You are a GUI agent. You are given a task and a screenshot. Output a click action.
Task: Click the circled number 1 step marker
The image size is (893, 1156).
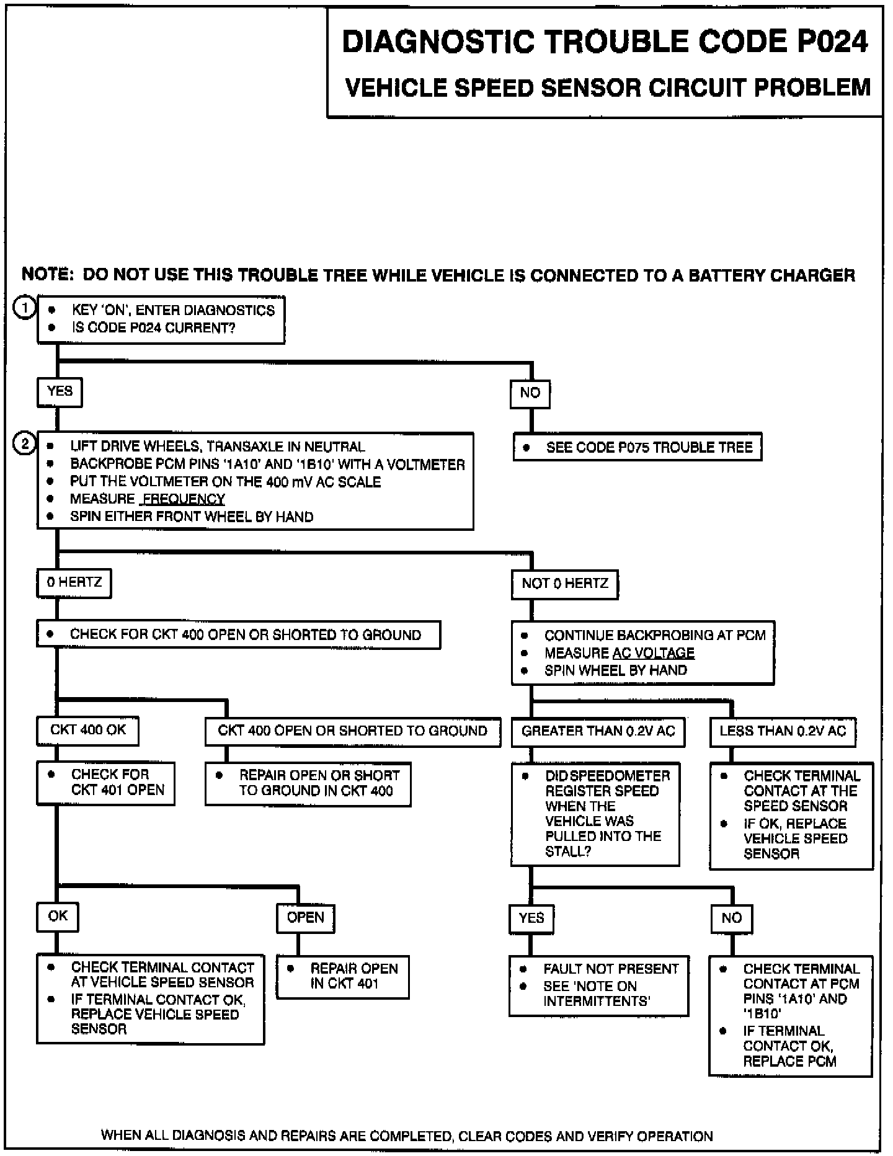[x=25, y=308]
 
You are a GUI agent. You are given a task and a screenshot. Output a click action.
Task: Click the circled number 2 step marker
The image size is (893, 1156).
[x=25, y=444]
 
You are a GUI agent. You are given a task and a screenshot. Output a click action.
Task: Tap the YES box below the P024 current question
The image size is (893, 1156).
[x=60, y=392]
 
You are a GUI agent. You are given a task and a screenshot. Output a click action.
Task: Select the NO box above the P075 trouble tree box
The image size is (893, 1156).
[x=530, y=393]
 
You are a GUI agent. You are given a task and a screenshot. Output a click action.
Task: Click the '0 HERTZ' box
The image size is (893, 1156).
[x=74, y=583]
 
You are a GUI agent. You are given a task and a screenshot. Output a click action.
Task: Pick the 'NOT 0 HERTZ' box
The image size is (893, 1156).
[x=565, y=584]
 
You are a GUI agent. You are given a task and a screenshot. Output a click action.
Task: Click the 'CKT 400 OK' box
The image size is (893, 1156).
[x=87, y=731]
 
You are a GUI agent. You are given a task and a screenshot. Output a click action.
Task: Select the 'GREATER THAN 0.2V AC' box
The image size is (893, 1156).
[x=598, y=732]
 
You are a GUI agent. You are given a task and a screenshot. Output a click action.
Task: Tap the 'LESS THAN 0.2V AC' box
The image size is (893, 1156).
[x=783, y=732]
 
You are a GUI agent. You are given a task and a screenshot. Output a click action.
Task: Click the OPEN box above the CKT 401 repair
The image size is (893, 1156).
[x=305, y=918]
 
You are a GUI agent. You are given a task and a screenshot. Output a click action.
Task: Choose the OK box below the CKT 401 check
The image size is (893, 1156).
[x=58, y=917]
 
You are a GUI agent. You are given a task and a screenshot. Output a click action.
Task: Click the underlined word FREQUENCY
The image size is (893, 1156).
[x=184, y=499]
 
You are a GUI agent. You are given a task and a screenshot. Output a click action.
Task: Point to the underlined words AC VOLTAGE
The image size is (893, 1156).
[x=654, y=653]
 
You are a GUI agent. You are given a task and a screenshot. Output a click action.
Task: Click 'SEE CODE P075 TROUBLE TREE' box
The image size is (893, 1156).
[x=638, y=447]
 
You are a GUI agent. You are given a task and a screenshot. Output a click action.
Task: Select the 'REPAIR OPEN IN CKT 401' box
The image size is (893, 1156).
[x=343, y=977]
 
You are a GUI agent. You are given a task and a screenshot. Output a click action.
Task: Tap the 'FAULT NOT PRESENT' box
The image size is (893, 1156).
[x=599, y=985]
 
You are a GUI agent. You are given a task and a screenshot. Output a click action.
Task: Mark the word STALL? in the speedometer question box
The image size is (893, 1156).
[x=568, y=851]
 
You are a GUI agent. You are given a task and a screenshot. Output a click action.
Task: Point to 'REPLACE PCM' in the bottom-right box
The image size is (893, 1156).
[x=789, y=1061]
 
